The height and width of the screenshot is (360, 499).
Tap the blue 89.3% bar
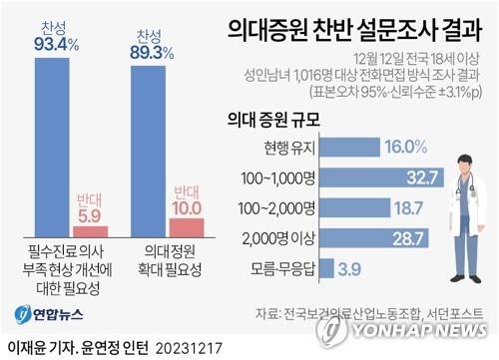152,150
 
